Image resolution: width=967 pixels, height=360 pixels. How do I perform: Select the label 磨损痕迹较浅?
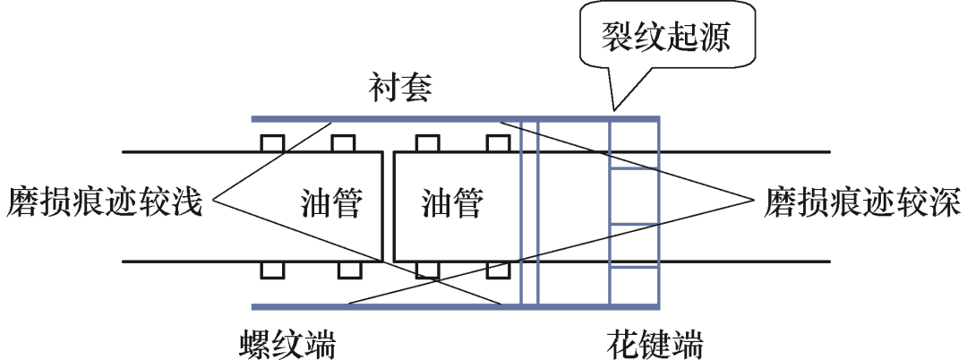[106, 203]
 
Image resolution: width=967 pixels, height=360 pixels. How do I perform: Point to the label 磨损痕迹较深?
[861, 203]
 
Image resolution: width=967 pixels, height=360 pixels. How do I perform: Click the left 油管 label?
[331, 204]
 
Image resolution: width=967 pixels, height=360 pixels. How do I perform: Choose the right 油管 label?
[450, 204]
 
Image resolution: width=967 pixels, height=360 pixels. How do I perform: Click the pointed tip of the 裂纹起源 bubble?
[612, 108]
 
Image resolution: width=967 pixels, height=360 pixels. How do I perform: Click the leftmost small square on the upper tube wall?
[270, 143]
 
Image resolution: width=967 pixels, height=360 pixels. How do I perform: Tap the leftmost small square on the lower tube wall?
[270, 270]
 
